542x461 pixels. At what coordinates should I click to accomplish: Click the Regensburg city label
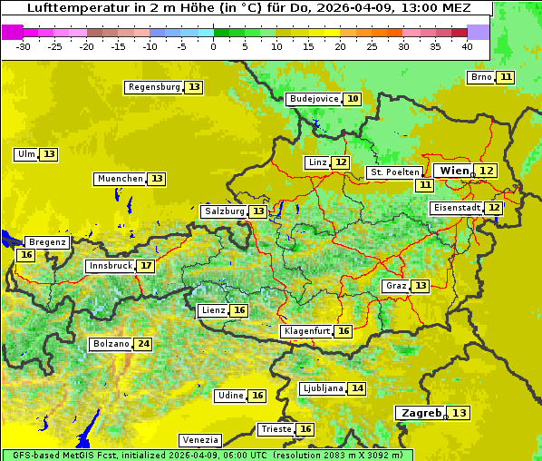[154, 87]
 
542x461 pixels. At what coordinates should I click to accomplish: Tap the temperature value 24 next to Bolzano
[143, 344]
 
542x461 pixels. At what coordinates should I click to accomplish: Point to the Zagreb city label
[420, 413]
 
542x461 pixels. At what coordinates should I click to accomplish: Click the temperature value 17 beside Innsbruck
[146, 266]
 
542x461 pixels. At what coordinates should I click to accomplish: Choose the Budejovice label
[314, 99]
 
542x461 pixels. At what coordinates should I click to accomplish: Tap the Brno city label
[480, 77]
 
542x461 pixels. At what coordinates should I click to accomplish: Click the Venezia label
[198, 439]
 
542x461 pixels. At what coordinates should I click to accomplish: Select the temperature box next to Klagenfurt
[344, 331]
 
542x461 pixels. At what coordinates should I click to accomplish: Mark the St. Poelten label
[394, 172]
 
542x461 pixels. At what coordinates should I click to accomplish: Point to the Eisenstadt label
[456, 208]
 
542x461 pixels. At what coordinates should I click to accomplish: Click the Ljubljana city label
[322, 388]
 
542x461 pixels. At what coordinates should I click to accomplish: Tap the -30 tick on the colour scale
[24, 46]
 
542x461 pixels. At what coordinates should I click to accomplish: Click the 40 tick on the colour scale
[467, 46]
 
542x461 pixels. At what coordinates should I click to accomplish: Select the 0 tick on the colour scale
[214, 46]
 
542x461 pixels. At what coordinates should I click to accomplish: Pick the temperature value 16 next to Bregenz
[25, 255]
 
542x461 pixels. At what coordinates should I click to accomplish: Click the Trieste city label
[276, 429]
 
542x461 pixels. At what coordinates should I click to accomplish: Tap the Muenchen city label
[120, 179]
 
